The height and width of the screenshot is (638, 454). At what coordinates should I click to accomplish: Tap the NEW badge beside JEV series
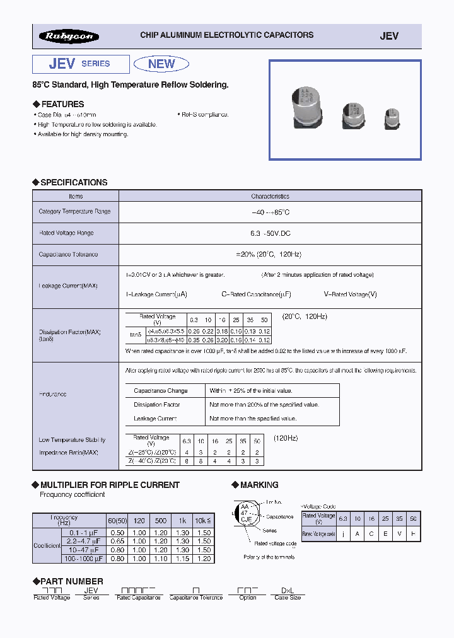pyautogui.click(x=161, y=64)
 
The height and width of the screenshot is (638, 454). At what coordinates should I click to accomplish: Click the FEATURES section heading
pyautogui.click(x=62, y=104)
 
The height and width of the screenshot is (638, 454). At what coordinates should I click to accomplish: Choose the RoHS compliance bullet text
pyautogui.click(x=205, y=115)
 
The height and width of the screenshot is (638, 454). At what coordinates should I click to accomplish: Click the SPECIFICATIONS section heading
pyautogui.click(x=74, y=182)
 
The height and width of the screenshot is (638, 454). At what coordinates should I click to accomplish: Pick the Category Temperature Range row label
pyautogui.click(x=74, y=212)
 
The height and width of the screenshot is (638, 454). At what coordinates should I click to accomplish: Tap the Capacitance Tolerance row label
pyautogui.click(x=68, y=255)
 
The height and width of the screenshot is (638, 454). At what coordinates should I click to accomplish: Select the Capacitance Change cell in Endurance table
pyautogui.click(x=161, y=391)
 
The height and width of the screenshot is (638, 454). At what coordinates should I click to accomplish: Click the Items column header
pyautogui.click(x=75, y=197)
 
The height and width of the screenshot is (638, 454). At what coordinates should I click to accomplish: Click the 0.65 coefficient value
pyautogui.click(x=115, y=542)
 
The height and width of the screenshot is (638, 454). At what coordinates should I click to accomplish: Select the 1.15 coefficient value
pyautogui.click(x=182, y=559)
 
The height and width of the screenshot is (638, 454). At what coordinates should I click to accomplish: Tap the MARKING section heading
pyautogui.click(x=259, y=485)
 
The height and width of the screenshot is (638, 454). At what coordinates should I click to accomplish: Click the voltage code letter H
pyautogui.click(x=413, y=533)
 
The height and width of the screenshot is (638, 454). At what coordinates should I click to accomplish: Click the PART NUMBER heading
pyautogui.click(x=71, y=581)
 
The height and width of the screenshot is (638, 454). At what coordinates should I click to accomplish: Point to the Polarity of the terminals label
pyautogui.click(x=269, y=557)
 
